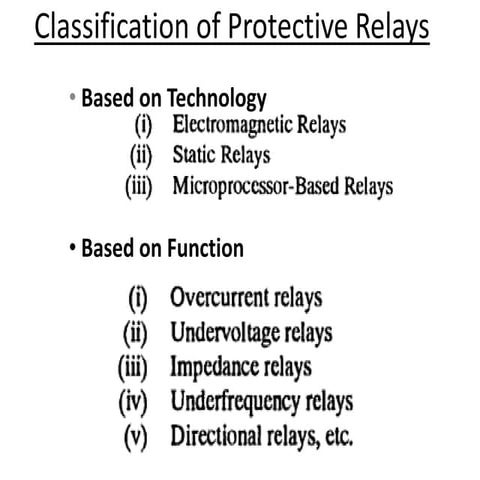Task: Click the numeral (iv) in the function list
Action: point(137,401)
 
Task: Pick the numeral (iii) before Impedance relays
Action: point(137,366)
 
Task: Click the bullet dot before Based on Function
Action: point(74,246)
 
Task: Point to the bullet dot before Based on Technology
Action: point(72,98)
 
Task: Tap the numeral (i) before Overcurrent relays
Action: point(141,298)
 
